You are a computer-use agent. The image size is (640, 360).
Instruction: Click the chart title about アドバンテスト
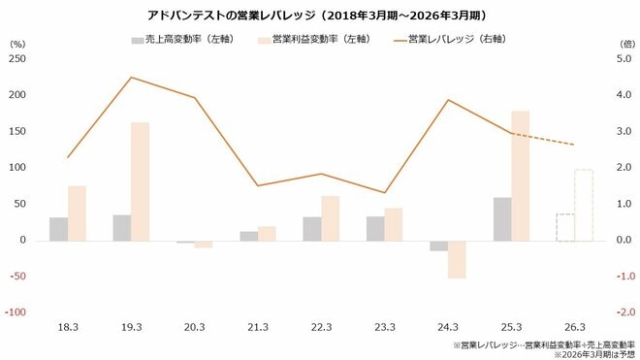319,16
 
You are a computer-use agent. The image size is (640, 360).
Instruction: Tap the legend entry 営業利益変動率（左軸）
313,41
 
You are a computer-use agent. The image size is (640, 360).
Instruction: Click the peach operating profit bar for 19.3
140,180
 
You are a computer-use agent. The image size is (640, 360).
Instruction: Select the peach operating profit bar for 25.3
520,175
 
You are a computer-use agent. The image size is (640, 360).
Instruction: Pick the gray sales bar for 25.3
502,218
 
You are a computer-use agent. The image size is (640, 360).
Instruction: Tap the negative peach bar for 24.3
456,259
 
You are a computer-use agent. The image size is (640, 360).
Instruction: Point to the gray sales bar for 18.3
59,228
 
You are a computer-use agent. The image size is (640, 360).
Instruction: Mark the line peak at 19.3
131,78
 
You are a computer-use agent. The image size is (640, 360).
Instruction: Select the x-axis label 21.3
258,327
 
